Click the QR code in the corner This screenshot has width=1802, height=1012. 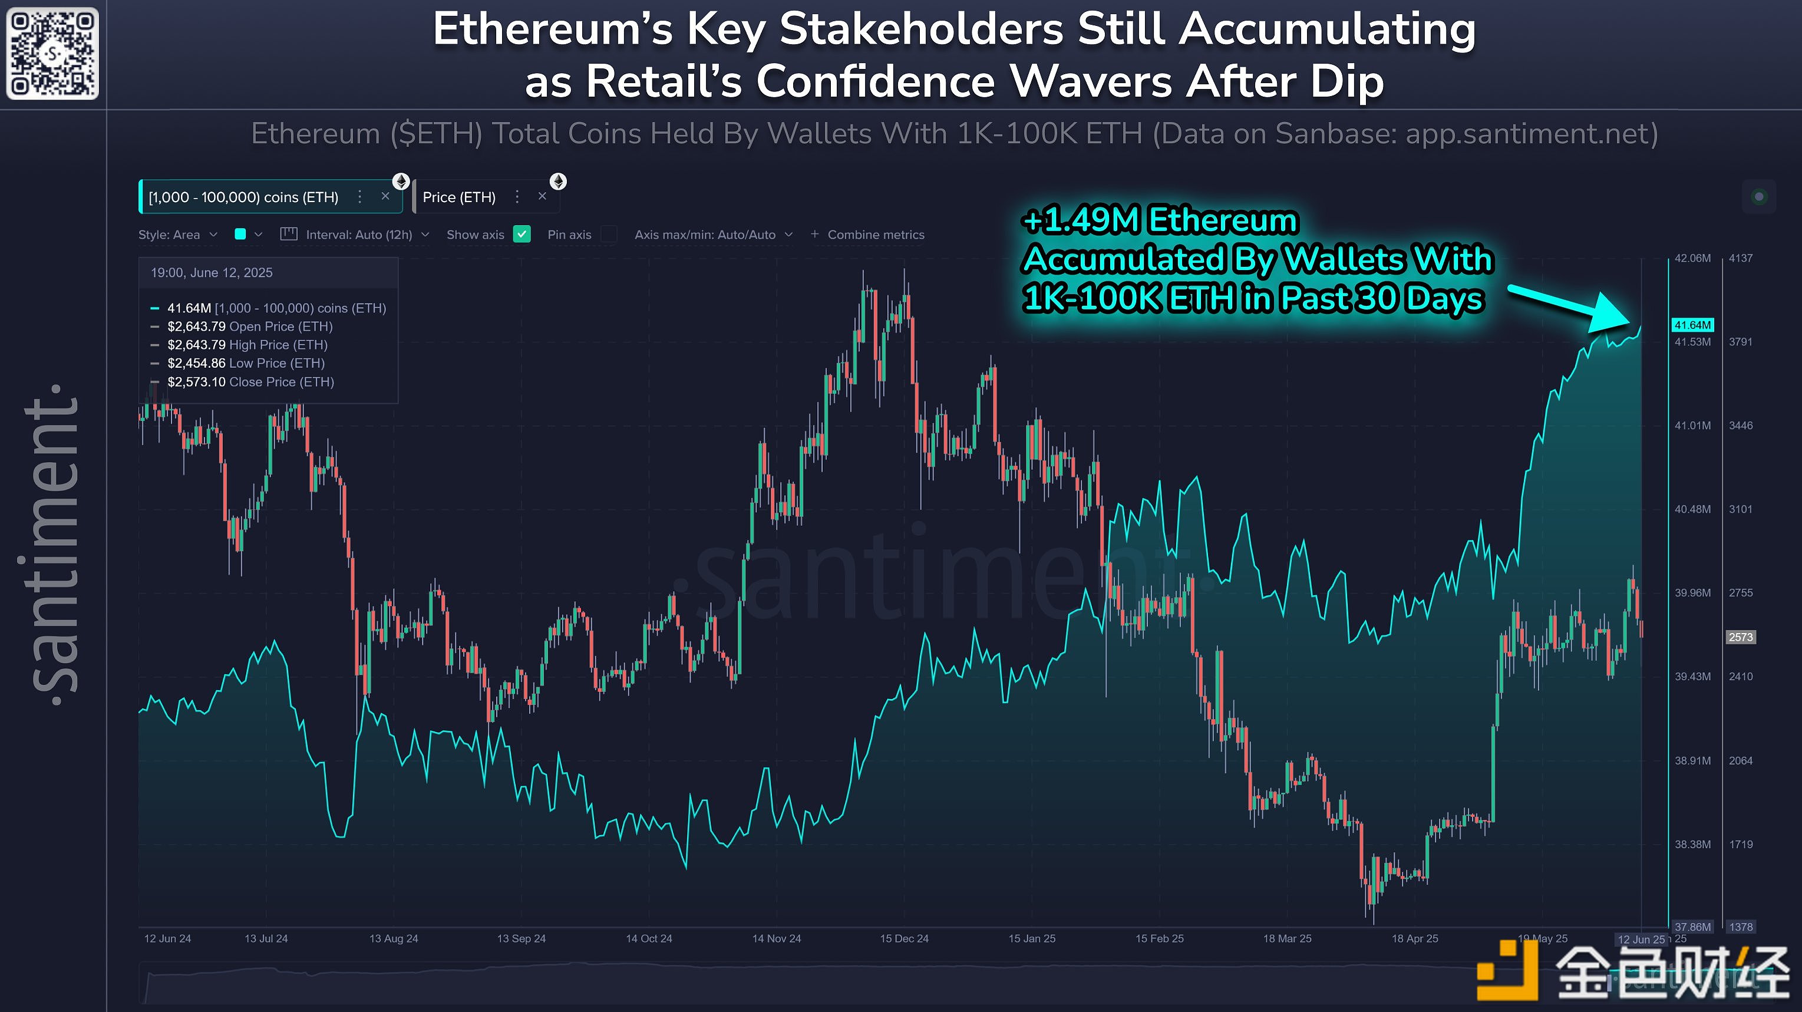tap(52, 53)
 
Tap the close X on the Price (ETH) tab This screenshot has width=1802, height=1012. tap(542, 197)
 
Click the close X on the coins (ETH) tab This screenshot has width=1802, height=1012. tap(385, 197)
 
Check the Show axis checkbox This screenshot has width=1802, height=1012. tap(522, 235)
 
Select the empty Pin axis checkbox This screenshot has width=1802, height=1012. tap(609, 235)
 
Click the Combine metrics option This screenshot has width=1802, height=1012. tap(867, 235)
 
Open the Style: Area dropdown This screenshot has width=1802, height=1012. tap(178, 235)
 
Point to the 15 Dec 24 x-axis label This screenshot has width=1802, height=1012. tap(904, 938)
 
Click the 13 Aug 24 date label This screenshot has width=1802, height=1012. tap(393, 938)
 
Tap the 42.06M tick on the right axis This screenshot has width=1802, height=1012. tap(1692, 258)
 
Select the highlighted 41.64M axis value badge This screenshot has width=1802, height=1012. tap(1692, 325)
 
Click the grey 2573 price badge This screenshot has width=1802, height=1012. tap(1741, 637)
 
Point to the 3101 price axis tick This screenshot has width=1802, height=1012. tap(1741, 509)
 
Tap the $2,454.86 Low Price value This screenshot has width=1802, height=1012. tap(197, 363)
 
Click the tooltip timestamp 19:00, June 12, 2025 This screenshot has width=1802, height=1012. tap(212, 273)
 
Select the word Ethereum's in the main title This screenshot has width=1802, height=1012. tap(552, 29)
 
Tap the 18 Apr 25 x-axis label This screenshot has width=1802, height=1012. tap(1414, 938)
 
